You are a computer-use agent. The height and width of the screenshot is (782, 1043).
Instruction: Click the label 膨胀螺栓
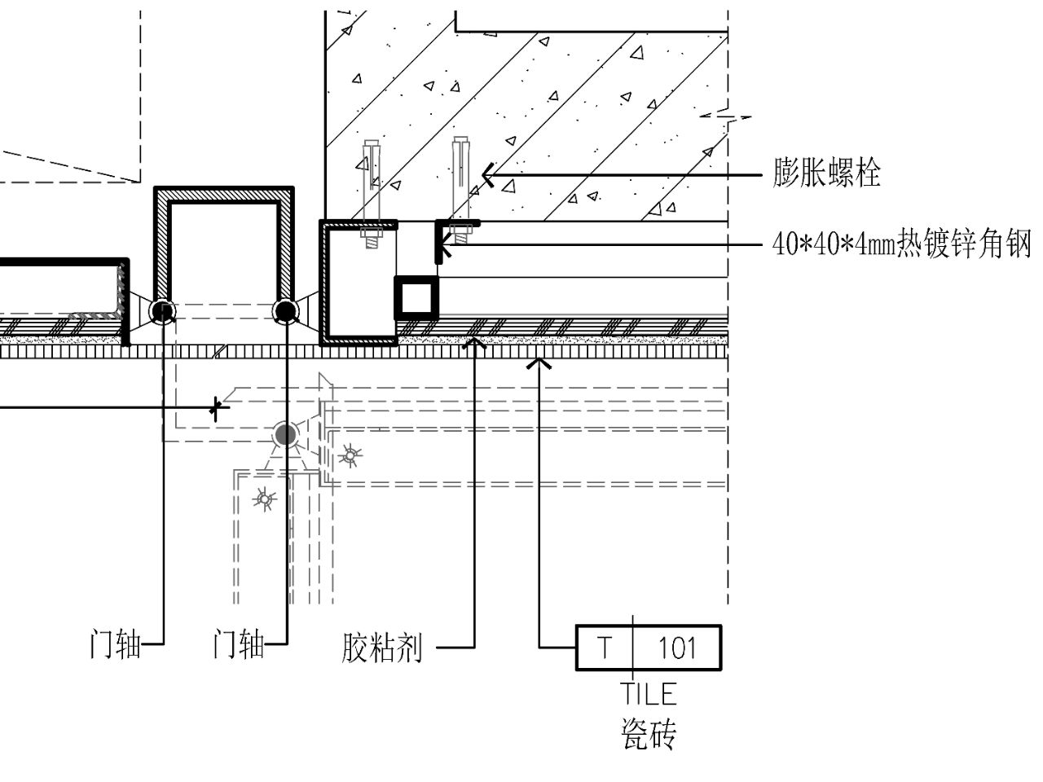(826, 174)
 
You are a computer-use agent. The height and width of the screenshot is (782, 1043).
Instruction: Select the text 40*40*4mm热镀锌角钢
(901, 244)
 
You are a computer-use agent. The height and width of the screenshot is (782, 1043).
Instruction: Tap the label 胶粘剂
(381, 648)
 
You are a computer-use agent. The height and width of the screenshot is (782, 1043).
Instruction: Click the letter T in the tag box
(604, 648)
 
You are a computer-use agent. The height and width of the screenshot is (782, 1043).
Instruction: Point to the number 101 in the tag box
(677, 648)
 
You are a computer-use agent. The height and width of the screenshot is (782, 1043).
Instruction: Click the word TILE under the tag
(649, 693)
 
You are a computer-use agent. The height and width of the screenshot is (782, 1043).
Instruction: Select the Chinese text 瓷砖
(649, 734)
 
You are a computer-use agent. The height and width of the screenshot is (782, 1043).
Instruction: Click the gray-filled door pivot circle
(284, 434)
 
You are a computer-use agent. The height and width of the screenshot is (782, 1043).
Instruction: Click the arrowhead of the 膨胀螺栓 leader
(486, 174)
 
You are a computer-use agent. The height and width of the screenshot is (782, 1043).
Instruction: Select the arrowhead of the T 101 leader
(539, 362)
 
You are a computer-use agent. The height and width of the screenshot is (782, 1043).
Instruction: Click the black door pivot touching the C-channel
(285, 311)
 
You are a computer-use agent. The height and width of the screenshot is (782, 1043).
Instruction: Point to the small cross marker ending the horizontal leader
(216, 406)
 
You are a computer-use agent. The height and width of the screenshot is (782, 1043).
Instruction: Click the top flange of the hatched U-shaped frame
(223, 194)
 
